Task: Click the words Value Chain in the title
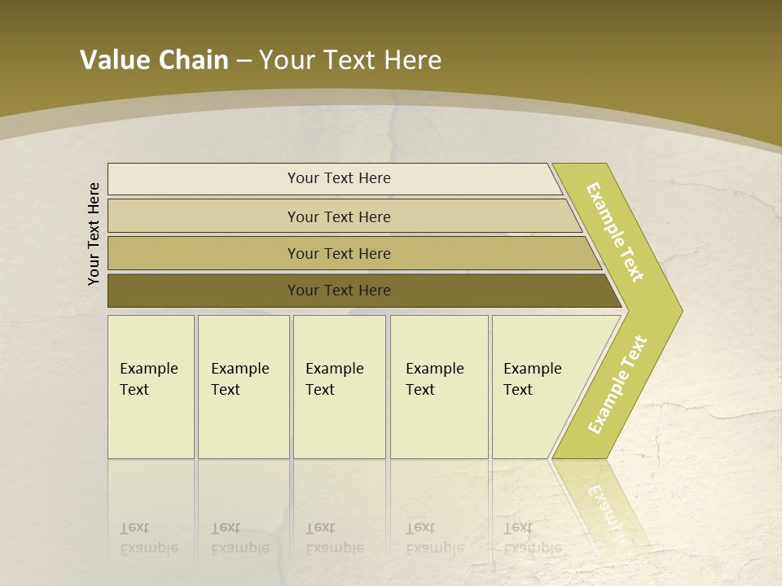click(x=154, y=60)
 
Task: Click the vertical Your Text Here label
click(x=94, y=234)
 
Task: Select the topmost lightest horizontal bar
click(x=204, y=179)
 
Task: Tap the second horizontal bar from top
click(x=204, y=216)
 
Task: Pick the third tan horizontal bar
click(x=204, y=254)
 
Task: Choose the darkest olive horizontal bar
click(x=204, y=291)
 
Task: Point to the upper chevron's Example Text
click(x=615, y=232)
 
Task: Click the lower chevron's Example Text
click(x=617, y=384)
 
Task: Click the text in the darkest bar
click(x=339, y=291)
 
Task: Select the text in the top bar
click(x=339, y=178)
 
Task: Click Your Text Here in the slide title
click(x=350, y=60)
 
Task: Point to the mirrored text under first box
click(x=148, y=538)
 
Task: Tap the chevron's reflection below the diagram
click(x=603, y=505)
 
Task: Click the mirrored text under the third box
click(x=334, y=538)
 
